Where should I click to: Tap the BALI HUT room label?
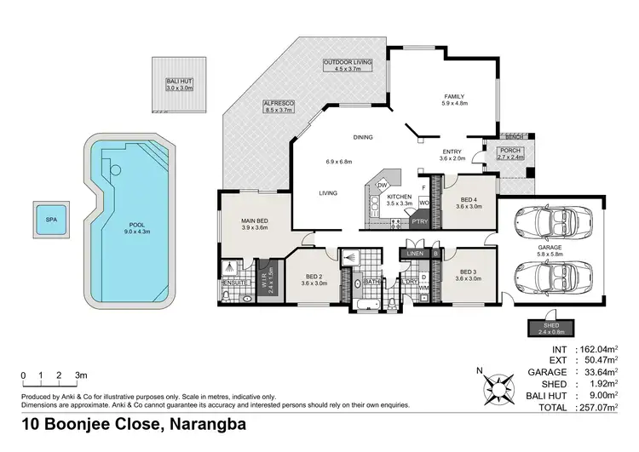[180, 83]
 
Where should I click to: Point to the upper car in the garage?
[546, 226]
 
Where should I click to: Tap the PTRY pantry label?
[419, 220]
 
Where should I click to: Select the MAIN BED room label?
[255, 224]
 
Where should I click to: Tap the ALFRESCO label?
[278, 106]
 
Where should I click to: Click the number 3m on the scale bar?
[82, 375]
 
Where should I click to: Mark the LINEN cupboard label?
[416, 254]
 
